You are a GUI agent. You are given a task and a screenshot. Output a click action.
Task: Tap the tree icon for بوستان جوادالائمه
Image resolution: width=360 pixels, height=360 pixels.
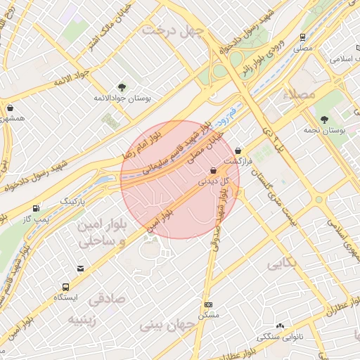pos(122,87)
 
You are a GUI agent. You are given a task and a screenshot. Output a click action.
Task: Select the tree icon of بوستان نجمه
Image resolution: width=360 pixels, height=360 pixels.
pos(323,120)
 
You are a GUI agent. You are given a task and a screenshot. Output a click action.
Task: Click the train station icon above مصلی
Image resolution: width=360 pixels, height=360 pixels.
pos(302,37)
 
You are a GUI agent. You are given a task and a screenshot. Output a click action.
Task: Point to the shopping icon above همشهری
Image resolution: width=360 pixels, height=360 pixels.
pos(10,108)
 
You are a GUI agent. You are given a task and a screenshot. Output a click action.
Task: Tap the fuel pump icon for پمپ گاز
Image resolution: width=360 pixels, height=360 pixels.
pos(36,209)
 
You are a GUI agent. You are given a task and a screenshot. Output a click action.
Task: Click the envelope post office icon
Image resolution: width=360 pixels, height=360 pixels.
pos(81,269)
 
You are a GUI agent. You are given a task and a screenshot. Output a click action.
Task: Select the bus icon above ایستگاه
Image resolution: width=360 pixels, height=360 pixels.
pos(65,287)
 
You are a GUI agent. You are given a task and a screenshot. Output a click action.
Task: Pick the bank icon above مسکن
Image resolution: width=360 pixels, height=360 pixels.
pos(208,304)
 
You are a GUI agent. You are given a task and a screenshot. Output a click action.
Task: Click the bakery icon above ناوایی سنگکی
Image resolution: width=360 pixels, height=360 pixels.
pos(280,326)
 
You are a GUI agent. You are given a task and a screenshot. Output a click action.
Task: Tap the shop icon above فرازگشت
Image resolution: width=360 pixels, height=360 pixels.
pos(238,150)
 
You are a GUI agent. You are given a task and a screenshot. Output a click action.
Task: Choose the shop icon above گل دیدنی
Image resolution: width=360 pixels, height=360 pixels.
pos(213,170)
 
